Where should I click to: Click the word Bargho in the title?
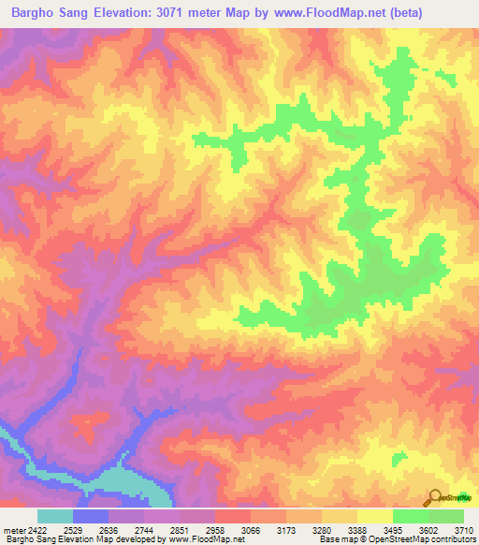click(x=36, y=13)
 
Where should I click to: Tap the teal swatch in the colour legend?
click(x=55, y=516)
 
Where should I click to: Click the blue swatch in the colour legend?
click(x=91, y=516)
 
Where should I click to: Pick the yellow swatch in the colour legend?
click(x=375, y=516)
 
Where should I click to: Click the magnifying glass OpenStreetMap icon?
click(x=434, y=497)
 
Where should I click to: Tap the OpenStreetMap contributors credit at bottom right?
click(x=427, y=540)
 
